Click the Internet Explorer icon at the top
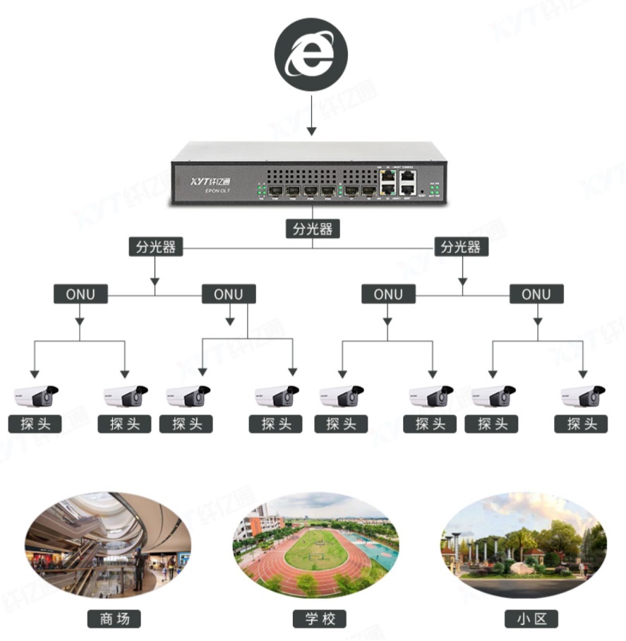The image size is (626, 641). click(x=311, y=54)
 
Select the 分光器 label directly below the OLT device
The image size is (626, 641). click(x=312, y=229)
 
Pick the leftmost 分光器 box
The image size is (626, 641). click(x=155, y=247)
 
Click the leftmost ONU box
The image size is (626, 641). click(x=80, y=294)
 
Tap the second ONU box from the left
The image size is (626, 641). click(x=229, y=294)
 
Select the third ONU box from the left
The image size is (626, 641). click(x=387, y=294)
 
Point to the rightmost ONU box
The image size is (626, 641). click(x=536, y=294)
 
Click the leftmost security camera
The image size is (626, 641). click(x=35, y=397)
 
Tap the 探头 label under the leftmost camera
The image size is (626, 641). click(x=35, y=424)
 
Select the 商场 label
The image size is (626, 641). click(x=114, y=619)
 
